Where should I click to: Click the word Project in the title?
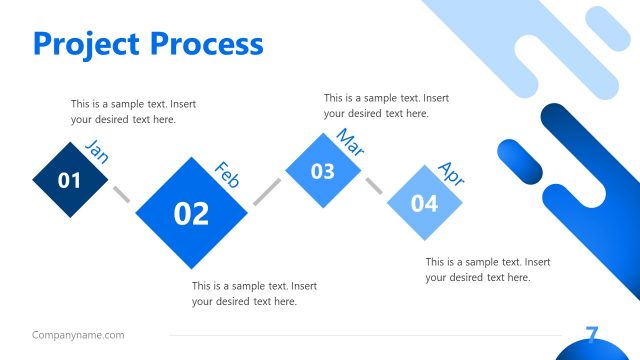click(87, 44)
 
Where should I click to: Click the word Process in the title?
click(207, 44)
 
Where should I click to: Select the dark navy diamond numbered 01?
click(70, 181)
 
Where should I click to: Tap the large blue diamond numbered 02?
click(191, 212)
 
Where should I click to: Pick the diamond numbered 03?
click(322, 171)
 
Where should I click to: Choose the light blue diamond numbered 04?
click(425, 204)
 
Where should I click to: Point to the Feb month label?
click(228, 175)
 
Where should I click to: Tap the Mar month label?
click(350, 142)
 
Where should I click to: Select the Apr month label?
click(452, 174)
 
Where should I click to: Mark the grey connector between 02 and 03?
click(266, 192)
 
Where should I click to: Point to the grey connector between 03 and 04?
click(374, 187)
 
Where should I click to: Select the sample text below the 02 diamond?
click(254, 293)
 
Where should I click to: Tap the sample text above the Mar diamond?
click(386, 106)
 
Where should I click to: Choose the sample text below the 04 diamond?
click(488, 269)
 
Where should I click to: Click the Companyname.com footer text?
click(78, 335)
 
